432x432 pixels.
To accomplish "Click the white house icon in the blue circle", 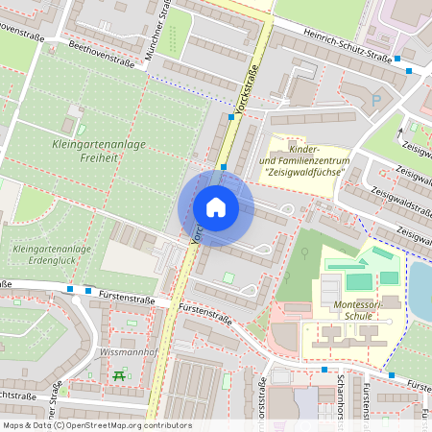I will coord(216,207).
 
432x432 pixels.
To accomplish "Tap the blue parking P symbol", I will coord(375,99).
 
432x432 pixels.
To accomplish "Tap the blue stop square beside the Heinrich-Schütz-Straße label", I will coord(410,70).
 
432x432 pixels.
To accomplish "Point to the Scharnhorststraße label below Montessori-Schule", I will coord(342,398).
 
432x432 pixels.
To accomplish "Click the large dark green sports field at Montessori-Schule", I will coord(359,281).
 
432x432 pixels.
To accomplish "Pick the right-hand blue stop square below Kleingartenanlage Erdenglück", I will coord(88,291).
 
